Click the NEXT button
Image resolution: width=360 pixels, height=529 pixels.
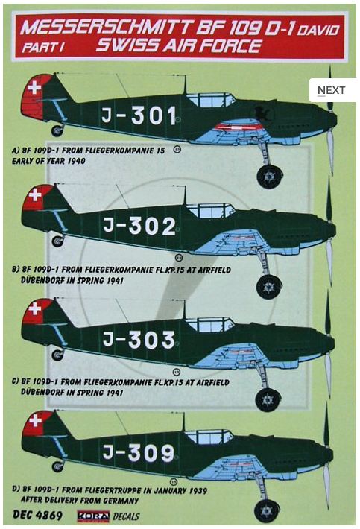click(x=332, y=90)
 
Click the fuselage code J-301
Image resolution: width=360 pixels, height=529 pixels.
click(x=139, y=115)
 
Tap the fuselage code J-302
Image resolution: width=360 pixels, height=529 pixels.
click(x=139, y=226)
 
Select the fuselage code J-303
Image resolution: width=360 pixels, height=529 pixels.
click(x=139, y=339)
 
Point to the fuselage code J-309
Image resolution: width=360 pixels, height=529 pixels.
click(x=139, y=452)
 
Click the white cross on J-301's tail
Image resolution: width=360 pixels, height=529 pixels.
click(x=34, y=88)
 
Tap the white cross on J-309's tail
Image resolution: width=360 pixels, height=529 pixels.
click(x=36, y=420)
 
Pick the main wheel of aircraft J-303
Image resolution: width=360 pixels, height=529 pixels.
click(x=268, y=399)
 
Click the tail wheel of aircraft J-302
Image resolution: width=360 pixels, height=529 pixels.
click(x=57, y=241)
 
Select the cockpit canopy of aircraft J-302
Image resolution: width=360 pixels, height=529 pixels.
click(x=210, y=211)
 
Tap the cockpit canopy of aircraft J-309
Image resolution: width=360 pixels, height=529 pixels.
click(x=209, y=437)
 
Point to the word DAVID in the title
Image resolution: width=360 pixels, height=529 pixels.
click(x=318, y=31)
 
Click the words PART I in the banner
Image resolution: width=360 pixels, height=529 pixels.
click(x=42, y=47)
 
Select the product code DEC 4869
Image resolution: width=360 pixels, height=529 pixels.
click(x=37, y=515)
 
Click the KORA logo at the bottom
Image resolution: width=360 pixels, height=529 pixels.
click(x=93, y=516)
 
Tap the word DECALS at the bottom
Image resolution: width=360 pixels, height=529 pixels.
click(x=126, y=516)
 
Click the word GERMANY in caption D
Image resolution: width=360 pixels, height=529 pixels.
click(x=121, y=501)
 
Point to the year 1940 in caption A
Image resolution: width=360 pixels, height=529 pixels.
click(x=76, y=161)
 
